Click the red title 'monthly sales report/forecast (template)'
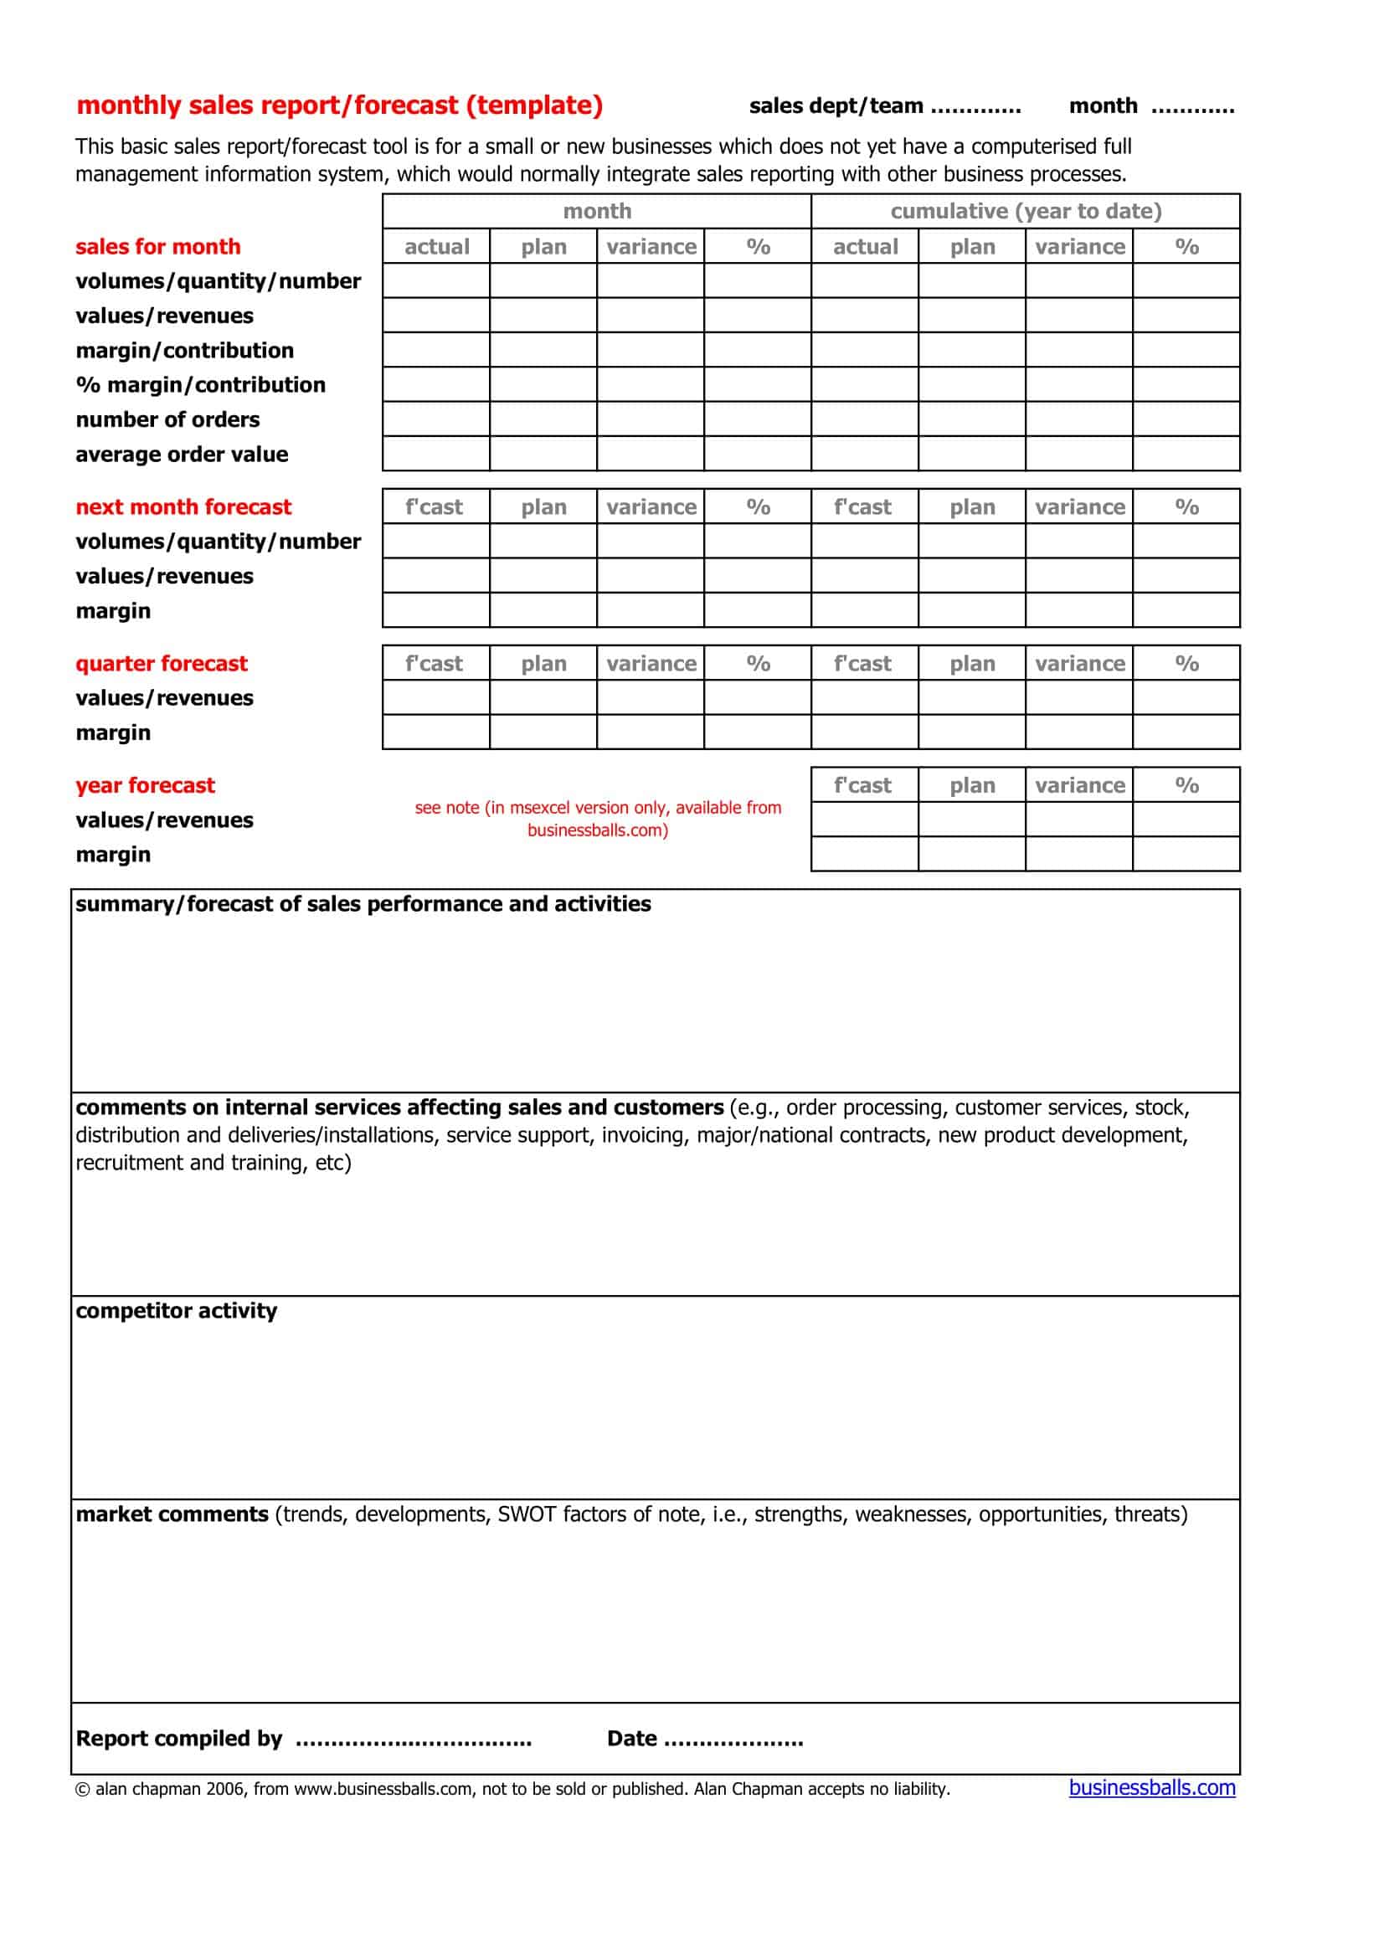[339, 105]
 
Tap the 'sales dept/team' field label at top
[836, 105]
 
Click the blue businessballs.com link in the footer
[1151, 1787]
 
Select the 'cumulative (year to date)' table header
[1026, 211]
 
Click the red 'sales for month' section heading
[157, 246]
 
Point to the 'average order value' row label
[182, 454]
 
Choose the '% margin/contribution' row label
[200, 384]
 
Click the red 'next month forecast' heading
[183, 506]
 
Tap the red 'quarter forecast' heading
[161, 664]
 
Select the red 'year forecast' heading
[145, 784]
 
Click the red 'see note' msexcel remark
[598, 819]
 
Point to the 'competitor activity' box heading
[177, 1311]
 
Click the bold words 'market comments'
[172, 1513]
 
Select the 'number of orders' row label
[167, 419]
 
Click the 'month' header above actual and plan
[597, 211]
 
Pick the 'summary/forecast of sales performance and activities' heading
[363, 904]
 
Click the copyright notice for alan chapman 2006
[512, 1789]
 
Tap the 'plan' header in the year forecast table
[972, 785]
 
